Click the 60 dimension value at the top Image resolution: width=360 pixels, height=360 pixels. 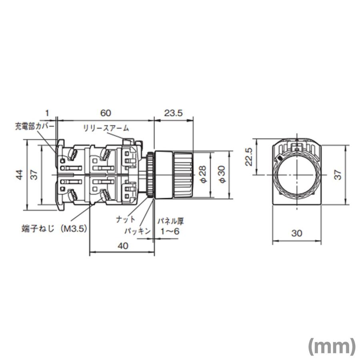click(105, 113)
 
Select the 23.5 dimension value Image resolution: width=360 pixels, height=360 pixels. click(174, 113)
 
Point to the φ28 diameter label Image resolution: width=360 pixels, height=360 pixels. click(203, 175)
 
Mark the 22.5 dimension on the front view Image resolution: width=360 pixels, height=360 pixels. click(249, 157)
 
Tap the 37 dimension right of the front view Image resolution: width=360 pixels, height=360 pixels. click(338, 174)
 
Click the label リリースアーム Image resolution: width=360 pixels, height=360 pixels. click(106, 128)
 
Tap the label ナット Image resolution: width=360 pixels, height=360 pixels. click(125, 220)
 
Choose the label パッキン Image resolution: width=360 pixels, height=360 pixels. click(136, 231)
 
